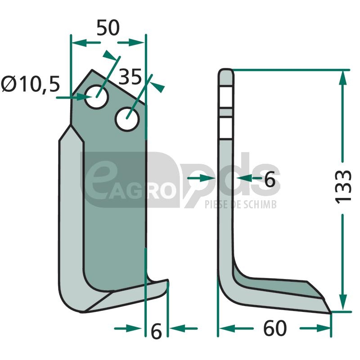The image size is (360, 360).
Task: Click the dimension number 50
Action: tap(108, 28)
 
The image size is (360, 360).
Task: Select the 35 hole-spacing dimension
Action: tap(130, 77)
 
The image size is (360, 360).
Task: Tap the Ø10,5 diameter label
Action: tap(30, 84)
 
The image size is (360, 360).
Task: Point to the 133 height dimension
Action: tap(343, 187)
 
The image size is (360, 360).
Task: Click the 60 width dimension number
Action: tap(275, 328)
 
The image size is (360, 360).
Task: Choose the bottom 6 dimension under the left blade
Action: tap(156, 331)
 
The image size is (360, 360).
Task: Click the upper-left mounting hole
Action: tap(96, 97)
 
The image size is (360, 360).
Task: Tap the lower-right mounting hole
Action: tap(127, 119)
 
